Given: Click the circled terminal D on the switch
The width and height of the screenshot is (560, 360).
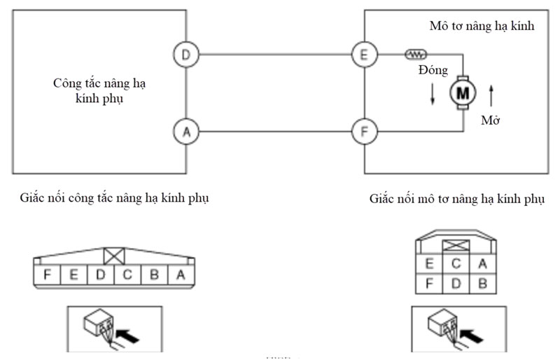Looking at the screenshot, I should (x=185, y=55).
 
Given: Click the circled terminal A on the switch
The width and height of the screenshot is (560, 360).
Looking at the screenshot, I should (x=185, y=131).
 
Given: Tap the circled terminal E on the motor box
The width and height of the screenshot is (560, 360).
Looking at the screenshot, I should (x=364, y=55).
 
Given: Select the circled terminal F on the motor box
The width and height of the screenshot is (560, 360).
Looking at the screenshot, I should (x=364, y=131).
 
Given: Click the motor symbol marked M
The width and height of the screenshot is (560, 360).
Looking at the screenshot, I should (x=462, y=91).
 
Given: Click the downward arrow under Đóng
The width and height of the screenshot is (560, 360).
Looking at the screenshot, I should (x=433, y=95).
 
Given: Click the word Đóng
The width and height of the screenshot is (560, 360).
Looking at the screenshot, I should (x=433, y=71).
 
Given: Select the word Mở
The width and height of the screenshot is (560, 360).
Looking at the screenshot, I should (x=490, y=120).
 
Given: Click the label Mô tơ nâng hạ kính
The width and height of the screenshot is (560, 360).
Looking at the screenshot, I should (x=482, y=27).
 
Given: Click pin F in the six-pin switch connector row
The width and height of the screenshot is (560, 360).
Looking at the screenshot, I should (x=47, y=275).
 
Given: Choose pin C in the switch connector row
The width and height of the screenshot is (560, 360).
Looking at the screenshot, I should (x=127, y=275).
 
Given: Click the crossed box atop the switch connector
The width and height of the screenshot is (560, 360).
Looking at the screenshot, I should (x=113, y=255).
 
